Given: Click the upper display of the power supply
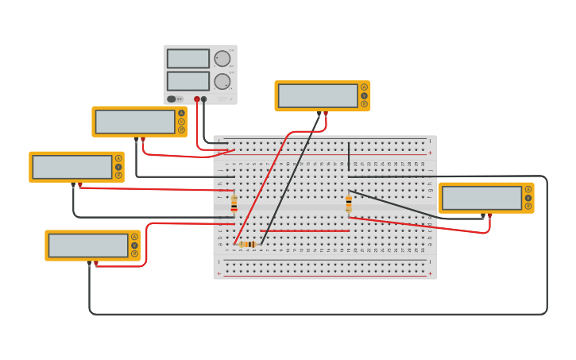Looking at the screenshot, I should point(188,59).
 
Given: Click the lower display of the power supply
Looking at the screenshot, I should point(188,81).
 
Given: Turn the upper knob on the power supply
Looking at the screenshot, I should point(222,59).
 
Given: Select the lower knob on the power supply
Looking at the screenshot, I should point(222,81).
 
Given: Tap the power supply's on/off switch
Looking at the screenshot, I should point(172,99).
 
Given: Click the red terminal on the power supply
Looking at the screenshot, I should point(197,99).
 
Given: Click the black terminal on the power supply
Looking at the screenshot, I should point(204,99).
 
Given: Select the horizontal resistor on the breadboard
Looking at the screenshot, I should point(248,244).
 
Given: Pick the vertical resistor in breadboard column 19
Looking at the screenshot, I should point(348,204).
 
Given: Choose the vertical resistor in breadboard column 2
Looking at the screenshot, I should point(234,203).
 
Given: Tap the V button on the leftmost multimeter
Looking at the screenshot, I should point(118,167).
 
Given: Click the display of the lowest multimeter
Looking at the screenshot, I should point(88,246).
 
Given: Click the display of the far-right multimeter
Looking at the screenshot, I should point(482,198).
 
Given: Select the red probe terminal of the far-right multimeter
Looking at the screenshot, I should point(489,215).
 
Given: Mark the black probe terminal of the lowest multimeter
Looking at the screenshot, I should point(89,262).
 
